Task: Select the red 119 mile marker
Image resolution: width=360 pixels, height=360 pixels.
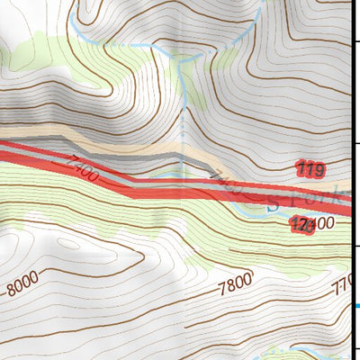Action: click(x=309, y=169)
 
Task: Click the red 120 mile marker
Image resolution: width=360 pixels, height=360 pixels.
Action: click(x=302, y=226)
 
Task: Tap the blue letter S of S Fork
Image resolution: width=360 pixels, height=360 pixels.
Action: click(x=274, y=204)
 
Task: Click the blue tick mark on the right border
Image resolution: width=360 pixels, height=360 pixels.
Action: click(x=356, y=306)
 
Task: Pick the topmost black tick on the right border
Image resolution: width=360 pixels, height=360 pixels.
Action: click(x=356, y=40)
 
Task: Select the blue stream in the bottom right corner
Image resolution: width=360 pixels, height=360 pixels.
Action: click(x=310, y=346)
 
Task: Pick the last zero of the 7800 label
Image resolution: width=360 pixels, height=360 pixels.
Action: click(x=247, y=280)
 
